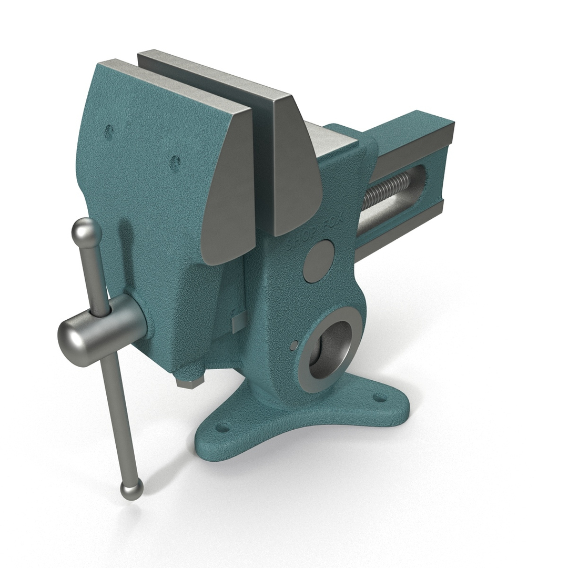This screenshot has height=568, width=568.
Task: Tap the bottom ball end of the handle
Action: [131, 489]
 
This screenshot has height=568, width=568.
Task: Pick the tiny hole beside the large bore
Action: [295, 345]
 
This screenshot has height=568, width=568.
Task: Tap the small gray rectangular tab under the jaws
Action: [238, 321]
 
